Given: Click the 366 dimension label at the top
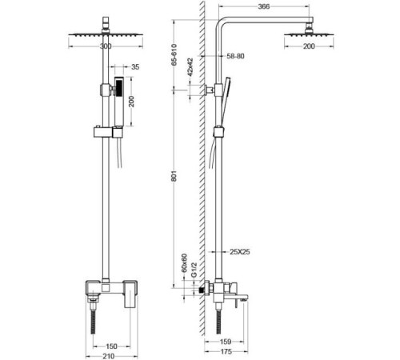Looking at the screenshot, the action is coord(264,6).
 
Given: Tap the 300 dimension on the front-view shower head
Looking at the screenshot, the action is coord(106,46).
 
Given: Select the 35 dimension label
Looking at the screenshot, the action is coord(135,67).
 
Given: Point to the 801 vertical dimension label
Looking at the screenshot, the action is coord(174,176).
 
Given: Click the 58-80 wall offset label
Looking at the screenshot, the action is coord(235,56).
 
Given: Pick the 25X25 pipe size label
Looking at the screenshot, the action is coord(240,252).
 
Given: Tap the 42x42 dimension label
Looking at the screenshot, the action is coord(190,67).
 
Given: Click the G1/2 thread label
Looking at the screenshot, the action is coord(194,270).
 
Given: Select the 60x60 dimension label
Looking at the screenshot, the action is coord(184,263).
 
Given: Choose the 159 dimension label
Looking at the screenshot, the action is coord(226,342).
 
